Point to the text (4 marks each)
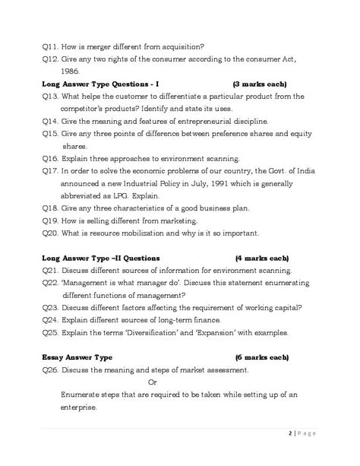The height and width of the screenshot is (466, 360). coord(261,258)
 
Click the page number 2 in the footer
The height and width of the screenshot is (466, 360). coord(311,434)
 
